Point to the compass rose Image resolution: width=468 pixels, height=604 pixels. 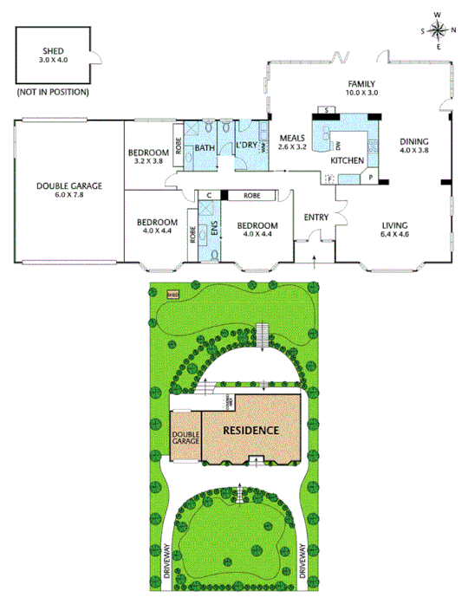pos(439,31)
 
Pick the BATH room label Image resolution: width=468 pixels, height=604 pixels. pos(205,148)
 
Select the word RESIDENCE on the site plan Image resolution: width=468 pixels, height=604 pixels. pos(251,430)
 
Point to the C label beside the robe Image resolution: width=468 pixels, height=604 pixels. pos(210,196)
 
